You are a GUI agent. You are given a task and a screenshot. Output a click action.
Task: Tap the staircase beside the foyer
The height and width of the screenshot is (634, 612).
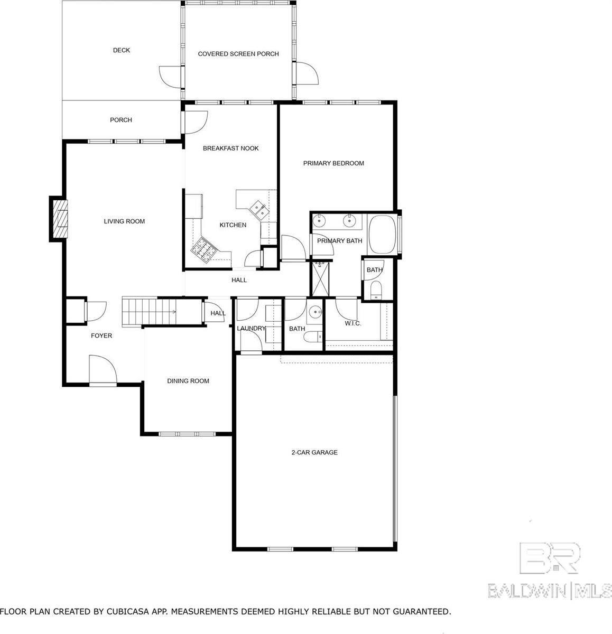148,312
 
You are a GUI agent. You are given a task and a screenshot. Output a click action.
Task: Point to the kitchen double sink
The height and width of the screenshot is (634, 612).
258,209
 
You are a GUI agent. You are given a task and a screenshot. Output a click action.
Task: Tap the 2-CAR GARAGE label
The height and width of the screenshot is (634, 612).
314,452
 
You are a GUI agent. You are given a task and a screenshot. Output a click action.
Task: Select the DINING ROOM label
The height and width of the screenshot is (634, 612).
188,381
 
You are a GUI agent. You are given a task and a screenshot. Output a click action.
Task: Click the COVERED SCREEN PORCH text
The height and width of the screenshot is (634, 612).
238,54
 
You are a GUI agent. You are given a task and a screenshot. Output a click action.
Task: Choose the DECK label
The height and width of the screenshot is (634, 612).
122,50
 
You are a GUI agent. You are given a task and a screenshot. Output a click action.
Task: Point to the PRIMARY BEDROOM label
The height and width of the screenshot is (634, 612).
333,163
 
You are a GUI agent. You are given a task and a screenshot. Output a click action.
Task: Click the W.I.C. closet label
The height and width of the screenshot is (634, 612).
353,323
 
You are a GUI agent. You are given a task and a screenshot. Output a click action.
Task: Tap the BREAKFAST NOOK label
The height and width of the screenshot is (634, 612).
231,148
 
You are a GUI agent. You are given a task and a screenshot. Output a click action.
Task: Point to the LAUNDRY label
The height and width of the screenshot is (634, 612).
251,329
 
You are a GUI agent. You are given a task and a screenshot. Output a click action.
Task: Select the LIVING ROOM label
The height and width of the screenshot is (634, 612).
124,221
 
